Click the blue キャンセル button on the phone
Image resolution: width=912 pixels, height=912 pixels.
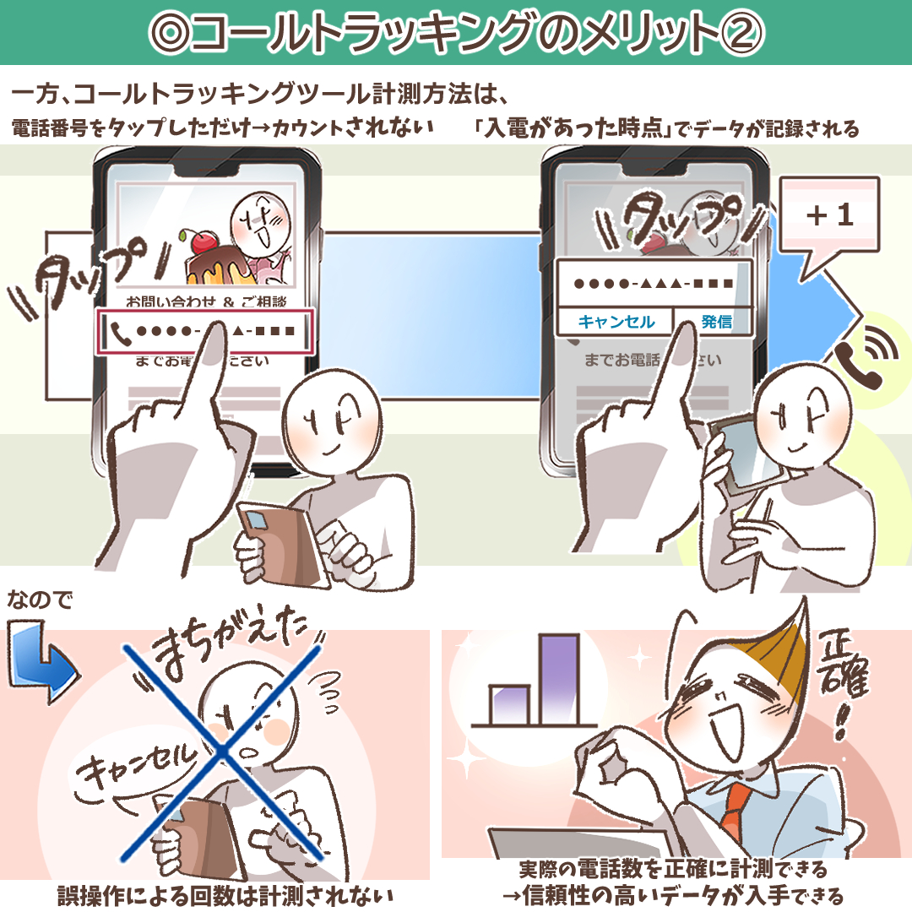(x=616, y=321)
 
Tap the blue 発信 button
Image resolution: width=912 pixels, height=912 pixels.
(x=716, y=321)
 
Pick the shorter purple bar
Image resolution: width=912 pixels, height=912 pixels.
(x=509, y=705)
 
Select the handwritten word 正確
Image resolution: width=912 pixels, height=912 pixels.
(x=843, y=665)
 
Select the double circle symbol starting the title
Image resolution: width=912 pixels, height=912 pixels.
(x=171, y=33)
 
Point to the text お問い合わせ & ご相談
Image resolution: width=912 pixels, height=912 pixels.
(x=207, y=301)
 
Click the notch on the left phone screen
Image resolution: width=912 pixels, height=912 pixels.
(x=206, y=168)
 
